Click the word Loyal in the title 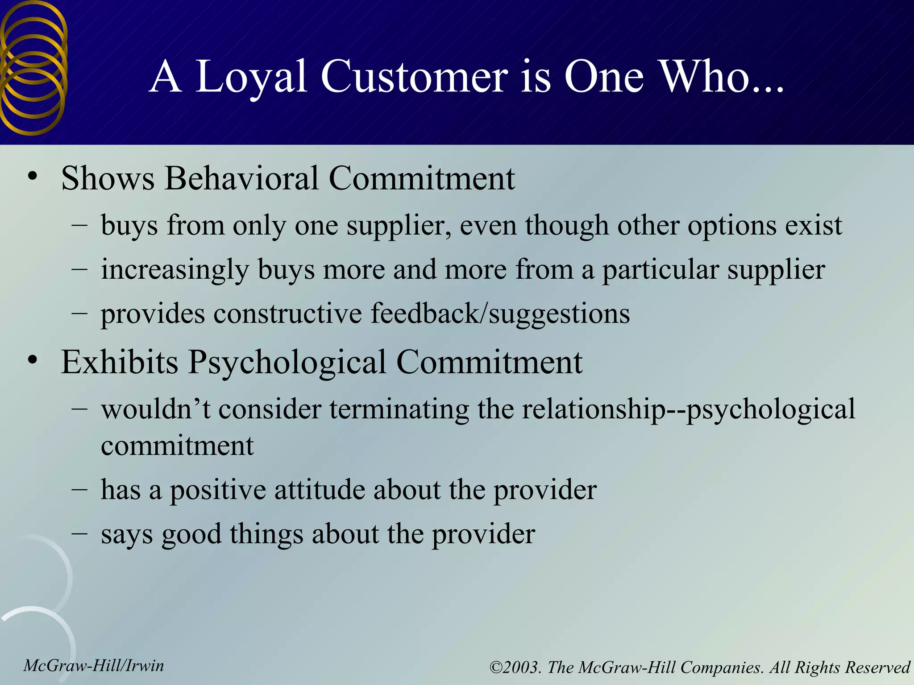click(251, 78)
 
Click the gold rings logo click(33, 67)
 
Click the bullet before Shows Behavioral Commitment click(32, 177)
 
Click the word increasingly click(174, 270)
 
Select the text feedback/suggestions click(500, 314)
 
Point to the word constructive click(287, 314)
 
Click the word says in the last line click(127, 534)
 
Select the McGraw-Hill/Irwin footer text click(94, 666)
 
